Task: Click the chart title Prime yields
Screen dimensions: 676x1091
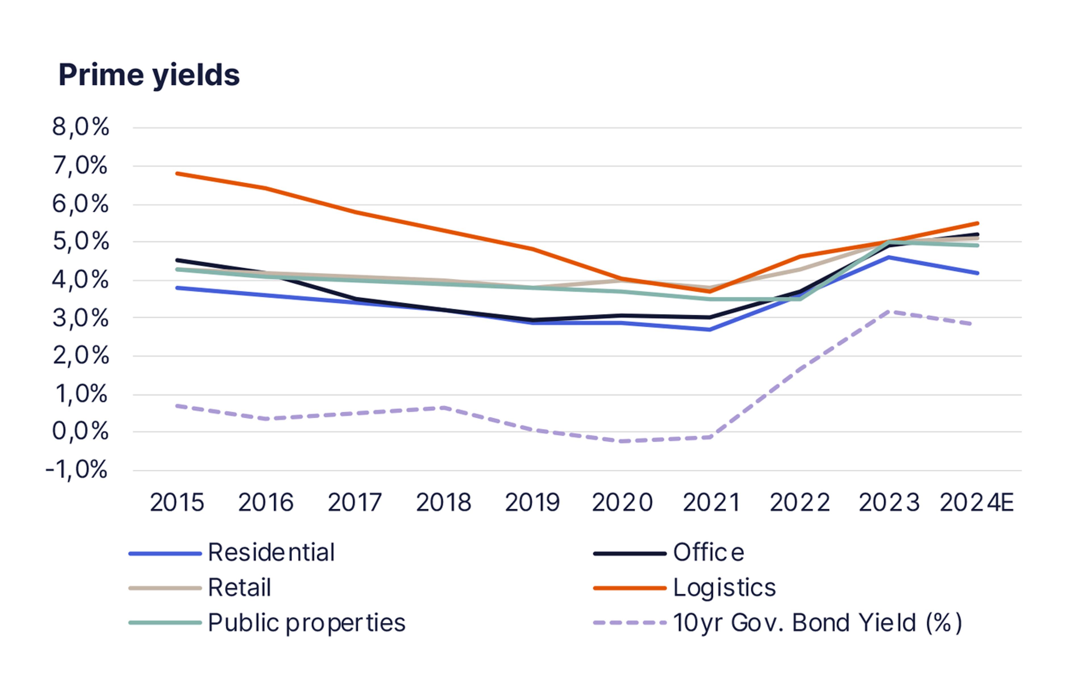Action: (149, 75)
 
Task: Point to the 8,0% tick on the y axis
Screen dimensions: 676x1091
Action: (80, 127)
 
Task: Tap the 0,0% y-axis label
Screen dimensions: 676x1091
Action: (80, 432)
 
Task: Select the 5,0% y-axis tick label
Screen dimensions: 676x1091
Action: (80, 242)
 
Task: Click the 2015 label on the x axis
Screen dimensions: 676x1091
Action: (177, 503)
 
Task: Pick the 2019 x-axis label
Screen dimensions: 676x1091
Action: (532, 503)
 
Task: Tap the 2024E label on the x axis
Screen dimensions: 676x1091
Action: (977, 503)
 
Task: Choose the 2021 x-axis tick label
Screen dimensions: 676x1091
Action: (711, 503)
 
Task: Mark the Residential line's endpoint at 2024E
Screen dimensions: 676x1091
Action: (978, 273)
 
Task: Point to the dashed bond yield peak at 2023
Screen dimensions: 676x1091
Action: (889, 311)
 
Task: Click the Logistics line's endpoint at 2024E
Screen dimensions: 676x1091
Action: (978, 223)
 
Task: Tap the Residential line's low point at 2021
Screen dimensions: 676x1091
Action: (710, 329)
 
